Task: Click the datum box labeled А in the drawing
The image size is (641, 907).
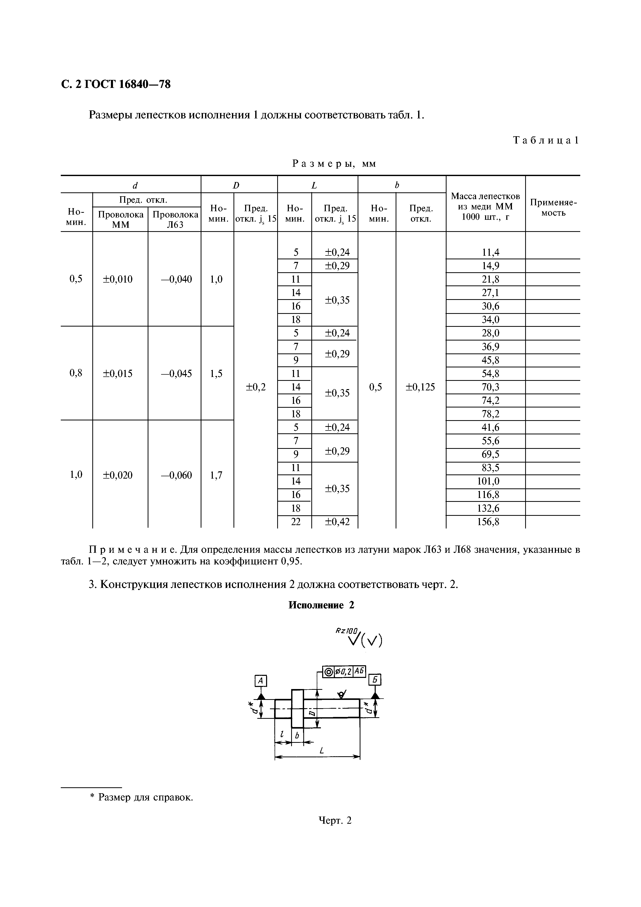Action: coord(261,681)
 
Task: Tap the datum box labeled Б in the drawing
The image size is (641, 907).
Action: coord(375,679)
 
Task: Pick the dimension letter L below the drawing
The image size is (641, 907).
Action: coord(322,751)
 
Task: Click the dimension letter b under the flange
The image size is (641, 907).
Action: coord(297,736)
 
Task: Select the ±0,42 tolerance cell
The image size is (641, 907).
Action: coord(337,522)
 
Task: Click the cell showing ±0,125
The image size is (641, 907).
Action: coord(420,387)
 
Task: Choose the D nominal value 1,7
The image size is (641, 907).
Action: coord(216,475)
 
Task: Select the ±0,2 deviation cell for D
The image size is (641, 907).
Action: coord(255,387)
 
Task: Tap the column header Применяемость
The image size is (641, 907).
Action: coord(553,208)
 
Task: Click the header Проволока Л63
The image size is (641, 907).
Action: coord(175,220)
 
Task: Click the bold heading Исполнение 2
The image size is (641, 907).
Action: coord(321,605)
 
